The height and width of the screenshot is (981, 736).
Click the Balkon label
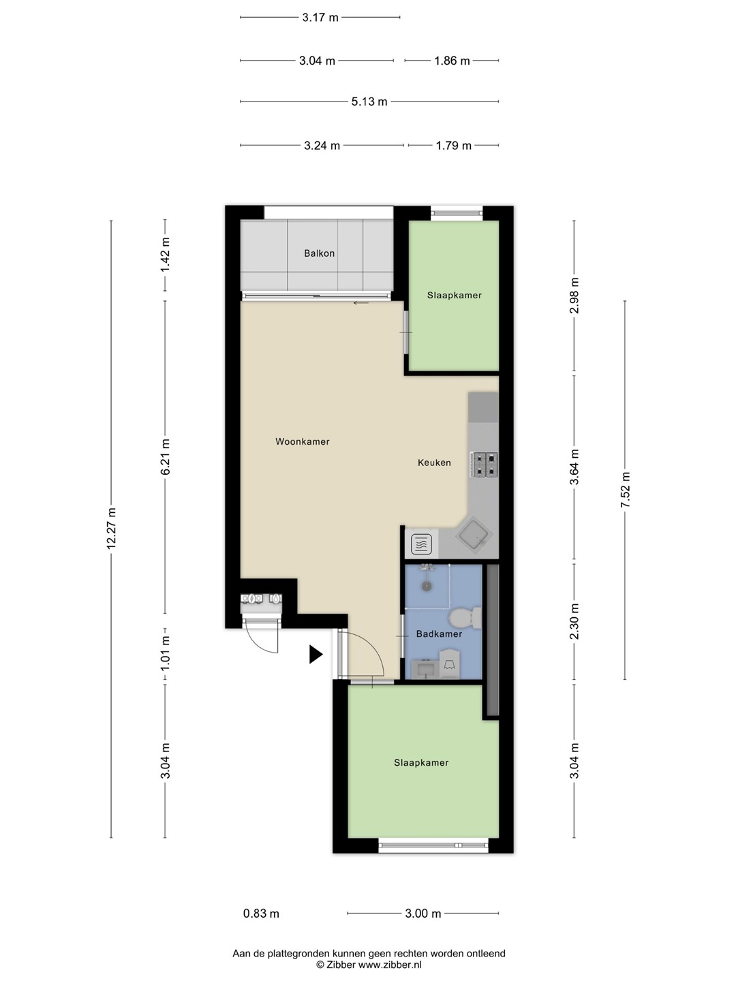319,253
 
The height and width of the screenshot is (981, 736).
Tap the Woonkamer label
302,441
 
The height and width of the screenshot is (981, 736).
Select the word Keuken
434,463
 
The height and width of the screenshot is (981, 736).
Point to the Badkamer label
439,634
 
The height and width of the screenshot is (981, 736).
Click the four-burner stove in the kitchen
484,465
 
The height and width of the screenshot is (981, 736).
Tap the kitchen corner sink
474,536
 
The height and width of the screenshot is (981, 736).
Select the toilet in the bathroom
465,619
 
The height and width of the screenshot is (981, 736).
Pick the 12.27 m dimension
111,529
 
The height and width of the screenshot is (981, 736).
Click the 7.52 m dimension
625,490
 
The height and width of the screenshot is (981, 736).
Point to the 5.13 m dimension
369,102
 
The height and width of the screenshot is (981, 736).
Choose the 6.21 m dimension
165,456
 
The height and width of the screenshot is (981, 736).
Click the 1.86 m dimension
452,61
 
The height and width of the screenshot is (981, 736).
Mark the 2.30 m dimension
574,621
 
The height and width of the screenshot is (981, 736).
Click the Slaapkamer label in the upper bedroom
454,296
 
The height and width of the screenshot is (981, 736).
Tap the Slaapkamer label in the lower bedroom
421,763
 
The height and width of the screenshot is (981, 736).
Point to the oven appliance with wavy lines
421,544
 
